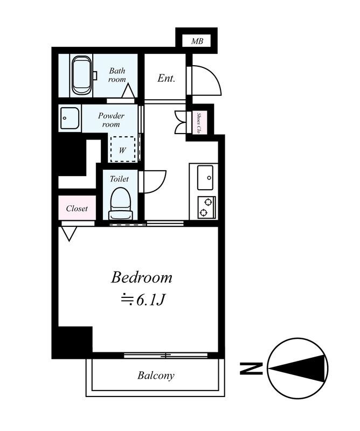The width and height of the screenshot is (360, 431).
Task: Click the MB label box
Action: (x=197, y=41)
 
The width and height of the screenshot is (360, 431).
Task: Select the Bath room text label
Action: (x=117, y=75)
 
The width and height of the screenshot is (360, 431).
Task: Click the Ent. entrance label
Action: (x=166, y=79)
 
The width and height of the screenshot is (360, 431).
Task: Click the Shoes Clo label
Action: (x=199, y=122)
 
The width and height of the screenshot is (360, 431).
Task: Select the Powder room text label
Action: (x=111, y=120)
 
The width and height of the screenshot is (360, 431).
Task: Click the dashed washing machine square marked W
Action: (x=123, y=149)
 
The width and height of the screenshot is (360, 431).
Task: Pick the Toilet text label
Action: (x=120, y=179)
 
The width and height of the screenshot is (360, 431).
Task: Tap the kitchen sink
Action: (x=205, y=177)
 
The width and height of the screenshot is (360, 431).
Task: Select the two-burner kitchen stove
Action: (x=205, y=206)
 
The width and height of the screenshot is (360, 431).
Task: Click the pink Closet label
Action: (x=77, y=208)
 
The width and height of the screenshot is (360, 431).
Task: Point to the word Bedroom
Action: (x=142, y=278)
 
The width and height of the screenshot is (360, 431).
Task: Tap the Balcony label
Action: (x=155, y=376)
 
